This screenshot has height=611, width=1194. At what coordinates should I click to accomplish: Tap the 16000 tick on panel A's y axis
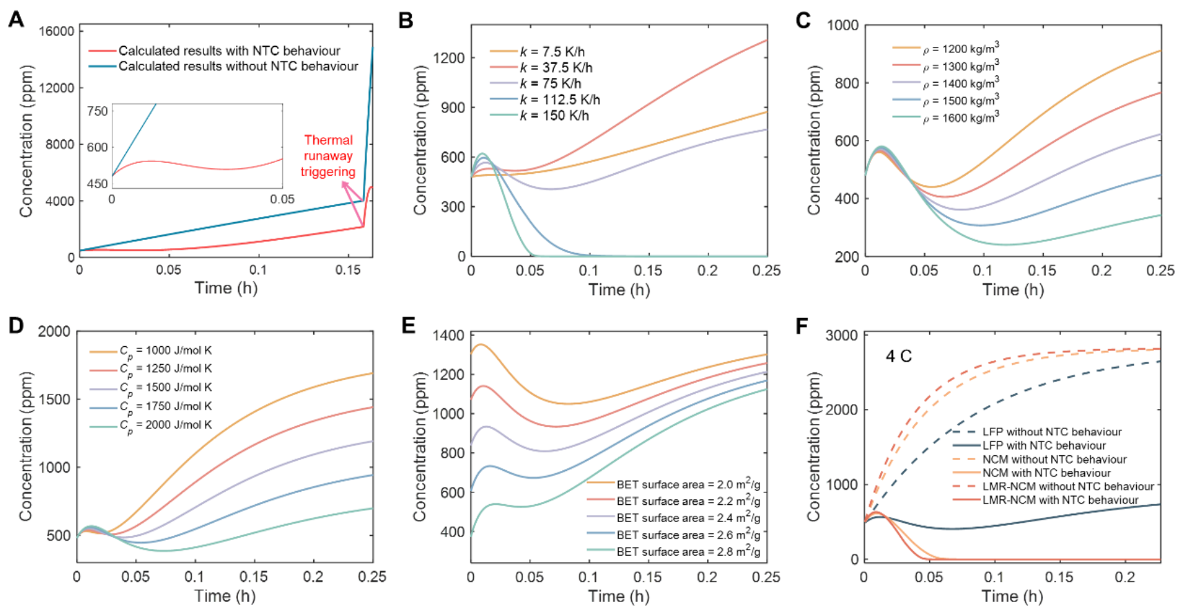pos(57,31)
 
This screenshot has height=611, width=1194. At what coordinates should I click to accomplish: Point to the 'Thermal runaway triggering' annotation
pos(328,156)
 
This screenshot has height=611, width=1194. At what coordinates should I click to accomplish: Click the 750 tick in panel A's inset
pos(97,111)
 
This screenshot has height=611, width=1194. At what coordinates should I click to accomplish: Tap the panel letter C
pos(803,21)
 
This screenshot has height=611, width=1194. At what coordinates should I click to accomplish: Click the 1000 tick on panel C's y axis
pos(842,26)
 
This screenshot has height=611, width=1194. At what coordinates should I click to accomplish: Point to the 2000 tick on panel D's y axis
pos(54,332)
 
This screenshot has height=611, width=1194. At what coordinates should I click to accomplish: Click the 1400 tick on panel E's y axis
pos(448,336)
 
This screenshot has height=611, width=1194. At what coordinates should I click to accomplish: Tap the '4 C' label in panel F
pos(899,357)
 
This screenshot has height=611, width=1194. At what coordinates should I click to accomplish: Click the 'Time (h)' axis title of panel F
pos(1012,597)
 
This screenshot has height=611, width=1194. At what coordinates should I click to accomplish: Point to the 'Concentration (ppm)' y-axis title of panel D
pos(26,447)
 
